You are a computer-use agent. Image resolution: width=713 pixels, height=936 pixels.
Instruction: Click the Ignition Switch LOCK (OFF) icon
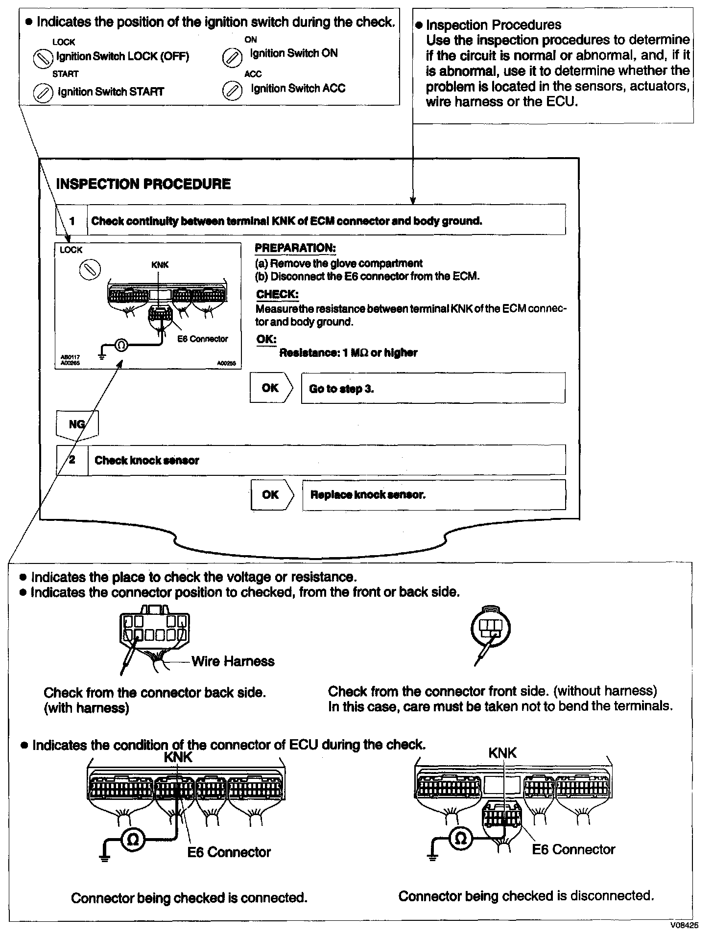[x=43, y=59]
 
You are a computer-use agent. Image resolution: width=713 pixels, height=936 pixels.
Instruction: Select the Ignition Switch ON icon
[x=231, y=58]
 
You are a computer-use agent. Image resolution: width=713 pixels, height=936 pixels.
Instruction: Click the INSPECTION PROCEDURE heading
[x=143, y=184]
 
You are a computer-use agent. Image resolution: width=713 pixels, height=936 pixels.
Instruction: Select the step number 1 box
[x=71, y=221]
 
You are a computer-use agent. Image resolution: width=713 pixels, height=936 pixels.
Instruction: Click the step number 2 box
[x=72, y=460]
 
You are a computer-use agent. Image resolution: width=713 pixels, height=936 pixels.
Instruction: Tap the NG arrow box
[x=77, y=424]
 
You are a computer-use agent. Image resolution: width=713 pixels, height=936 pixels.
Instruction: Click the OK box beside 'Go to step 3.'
[x=270, y=388]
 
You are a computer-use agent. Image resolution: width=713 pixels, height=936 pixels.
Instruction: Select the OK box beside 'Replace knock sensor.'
[x=271, y=495]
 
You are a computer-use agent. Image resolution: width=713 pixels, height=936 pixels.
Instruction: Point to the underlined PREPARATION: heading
[x=295, y=248]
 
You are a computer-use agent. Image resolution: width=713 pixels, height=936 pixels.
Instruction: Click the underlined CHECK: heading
[x=277, y=295]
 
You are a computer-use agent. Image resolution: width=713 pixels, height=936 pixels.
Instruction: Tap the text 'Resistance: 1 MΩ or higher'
[x=348, y=353]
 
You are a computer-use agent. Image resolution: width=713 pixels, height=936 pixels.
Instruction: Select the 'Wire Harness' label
[x=233, y=661]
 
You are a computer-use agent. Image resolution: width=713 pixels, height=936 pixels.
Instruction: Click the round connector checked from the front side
[x=490, y=627]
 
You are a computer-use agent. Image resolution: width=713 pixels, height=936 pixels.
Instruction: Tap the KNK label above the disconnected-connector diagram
[x=502, y=753]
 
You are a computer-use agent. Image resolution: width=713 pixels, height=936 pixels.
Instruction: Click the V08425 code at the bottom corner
[x=685, y=926]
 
